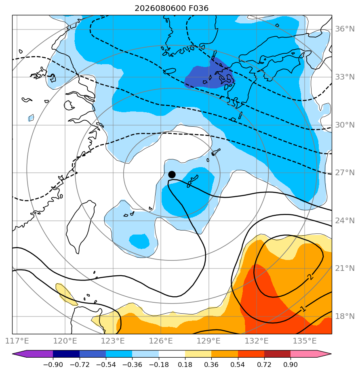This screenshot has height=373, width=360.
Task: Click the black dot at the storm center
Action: click(172, 175)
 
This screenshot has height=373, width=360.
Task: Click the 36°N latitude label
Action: click(345, 29)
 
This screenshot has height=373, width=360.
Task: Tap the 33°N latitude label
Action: click(345, 77)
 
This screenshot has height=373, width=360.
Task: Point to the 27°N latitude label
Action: click(345, 173)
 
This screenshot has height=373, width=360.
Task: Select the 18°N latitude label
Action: click(345, 316)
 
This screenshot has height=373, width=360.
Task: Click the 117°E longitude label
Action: click(17, 341)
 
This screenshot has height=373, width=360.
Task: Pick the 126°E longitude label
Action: click(161, 341)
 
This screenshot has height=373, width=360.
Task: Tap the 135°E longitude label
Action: click(305, 341)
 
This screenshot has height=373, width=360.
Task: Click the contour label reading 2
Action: click(310, 277)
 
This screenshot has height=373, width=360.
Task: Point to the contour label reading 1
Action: click(303, 309)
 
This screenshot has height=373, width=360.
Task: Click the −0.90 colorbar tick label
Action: click(53, 365)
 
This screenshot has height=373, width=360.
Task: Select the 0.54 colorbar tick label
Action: click(238, 365)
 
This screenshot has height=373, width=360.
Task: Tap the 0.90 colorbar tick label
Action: click(291, 365)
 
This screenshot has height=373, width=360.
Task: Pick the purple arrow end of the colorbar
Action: click(33, 354)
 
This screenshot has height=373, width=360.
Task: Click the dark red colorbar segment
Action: click(278, 354)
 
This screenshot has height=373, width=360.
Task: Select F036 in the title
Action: click(198, 8)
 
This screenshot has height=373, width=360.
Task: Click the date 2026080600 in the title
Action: click(160, 8)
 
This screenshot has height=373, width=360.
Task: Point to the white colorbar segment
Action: click(172, 354)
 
